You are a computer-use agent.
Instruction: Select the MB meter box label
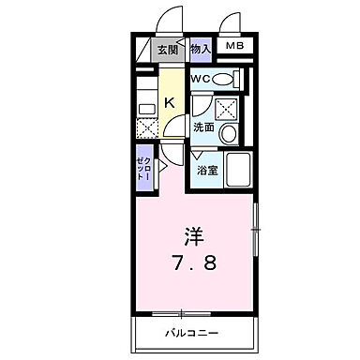(x=234, y=46)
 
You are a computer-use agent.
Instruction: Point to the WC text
(x=201, y=80)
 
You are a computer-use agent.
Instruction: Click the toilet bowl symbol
(x=222, y=80)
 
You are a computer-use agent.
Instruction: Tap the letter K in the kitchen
(x=171, y=104)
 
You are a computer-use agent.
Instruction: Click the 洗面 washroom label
(x=203, y=127)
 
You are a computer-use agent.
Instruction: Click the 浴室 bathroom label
(x=205, y=172)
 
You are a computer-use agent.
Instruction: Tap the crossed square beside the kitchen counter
(x=147, y=127)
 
